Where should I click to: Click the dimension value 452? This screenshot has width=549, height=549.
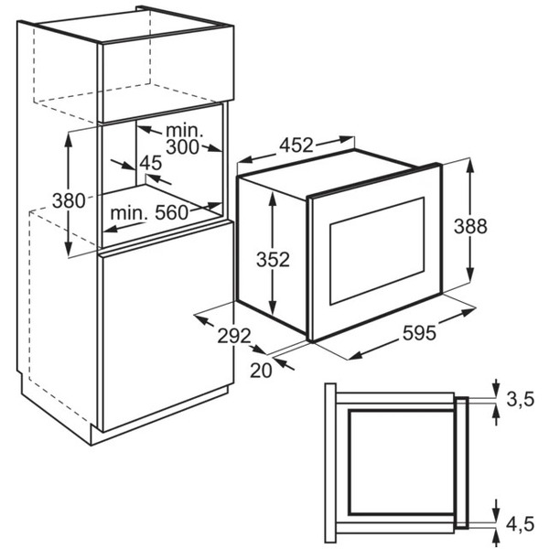pos(296,145)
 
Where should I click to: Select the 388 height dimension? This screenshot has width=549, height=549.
pos(470,226)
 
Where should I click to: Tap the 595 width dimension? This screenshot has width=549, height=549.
pos(419,333)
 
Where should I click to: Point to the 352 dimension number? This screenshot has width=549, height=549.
pos(273,260)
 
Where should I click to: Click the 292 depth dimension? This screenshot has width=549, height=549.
pos(234,336)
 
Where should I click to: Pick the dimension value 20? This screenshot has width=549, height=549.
pos(261,370)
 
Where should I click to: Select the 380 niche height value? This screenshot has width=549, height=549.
pos(69,201)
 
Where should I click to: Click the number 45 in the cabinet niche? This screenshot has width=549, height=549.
pos(151,163)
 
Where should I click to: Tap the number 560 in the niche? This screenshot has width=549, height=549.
pos(172,212)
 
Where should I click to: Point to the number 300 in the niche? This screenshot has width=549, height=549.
pos(182,147)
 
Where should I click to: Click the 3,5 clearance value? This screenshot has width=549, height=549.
pos(521,399)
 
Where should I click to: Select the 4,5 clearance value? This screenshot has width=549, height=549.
pos(521,523)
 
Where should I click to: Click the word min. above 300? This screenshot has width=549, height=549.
pos(185,131)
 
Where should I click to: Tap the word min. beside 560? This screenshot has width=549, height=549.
pos(129,213)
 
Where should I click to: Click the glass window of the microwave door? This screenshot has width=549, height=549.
pos(377,251)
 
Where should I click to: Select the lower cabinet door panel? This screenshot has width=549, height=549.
pos(167,327)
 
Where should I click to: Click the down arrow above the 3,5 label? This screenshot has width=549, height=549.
pos(496,389)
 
